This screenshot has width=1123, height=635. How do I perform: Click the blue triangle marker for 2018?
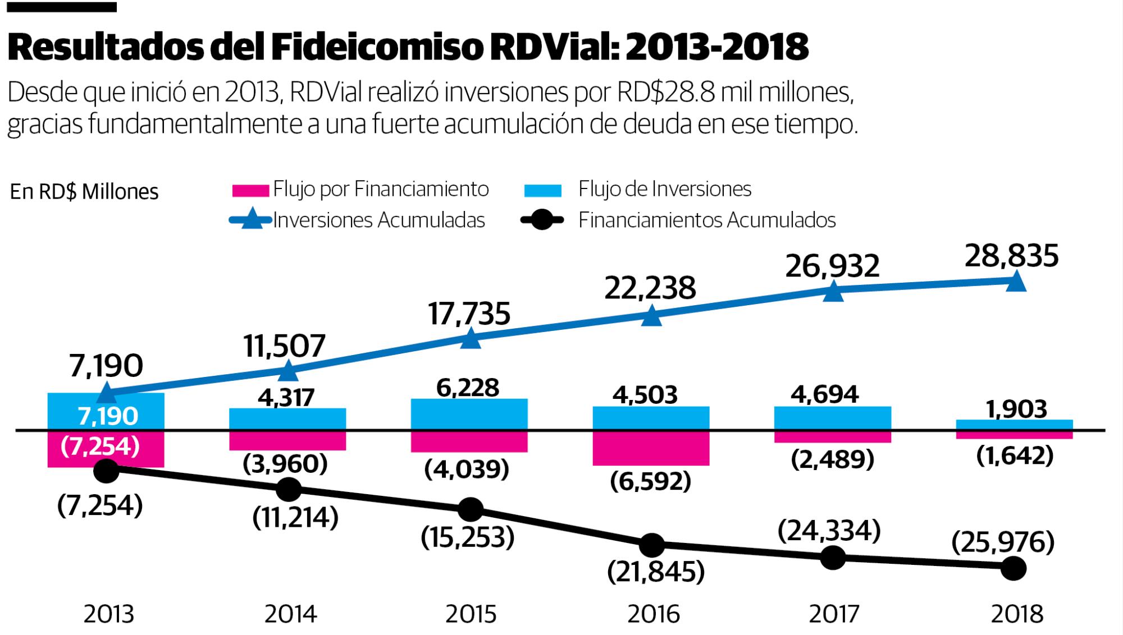[1015, 282]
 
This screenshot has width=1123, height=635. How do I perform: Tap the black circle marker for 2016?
[651, 544]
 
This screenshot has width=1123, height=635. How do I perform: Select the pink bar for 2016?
[651, 448]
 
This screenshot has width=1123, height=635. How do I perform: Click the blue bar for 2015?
[469, 414]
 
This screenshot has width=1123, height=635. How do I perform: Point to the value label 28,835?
[1012, 256]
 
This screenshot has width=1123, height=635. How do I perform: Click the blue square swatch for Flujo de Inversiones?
[542, 191]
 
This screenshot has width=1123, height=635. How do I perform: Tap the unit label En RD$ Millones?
[84, 192]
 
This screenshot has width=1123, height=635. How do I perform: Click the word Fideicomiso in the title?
[376, 47]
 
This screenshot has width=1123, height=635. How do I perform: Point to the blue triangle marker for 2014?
[288, 370]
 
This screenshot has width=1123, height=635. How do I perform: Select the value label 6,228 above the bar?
[468, 388]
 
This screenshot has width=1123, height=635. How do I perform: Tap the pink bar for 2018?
[1015, 435]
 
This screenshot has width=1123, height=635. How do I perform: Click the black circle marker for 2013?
[107, 470]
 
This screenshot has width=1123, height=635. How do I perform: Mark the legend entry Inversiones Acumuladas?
[379, 220]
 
